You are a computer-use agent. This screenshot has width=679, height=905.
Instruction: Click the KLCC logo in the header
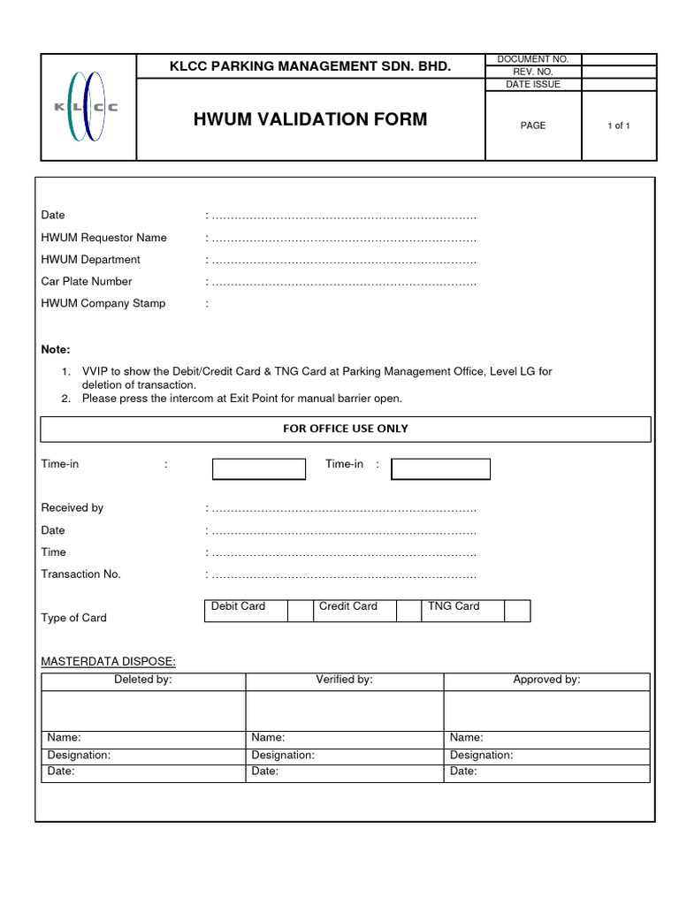[x=87, y=107]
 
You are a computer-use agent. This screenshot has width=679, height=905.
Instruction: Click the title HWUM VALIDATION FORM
[x=310, y=119]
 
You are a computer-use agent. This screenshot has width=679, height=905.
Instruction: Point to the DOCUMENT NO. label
[x=533, y=59]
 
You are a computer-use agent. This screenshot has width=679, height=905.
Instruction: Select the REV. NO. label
[x=533, y=72]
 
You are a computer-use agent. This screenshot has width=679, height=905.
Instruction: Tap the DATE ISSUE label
[x=533, y=84]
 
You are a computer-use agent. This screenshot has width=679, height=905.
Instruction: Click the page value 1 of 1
[x=619, y=125]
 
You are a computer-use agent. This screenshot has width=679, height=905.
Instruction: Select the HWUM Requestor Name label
[x=103, y=238]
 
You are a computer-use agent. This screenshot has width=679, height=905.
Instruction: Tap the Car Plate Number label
[x=87, y=282]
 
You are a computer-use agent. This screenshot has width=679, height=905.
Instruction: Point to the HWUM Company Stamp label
[x=103, y=303]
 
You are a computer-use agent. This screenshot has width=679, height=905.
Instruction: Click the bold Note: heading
[x=56, y=350]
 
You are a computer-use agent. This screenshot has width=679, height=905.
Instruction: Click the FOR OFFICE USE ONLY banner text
[x=346, y=429]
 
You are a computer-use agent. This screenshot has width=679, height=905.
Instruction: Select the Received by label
[x=72, y=508]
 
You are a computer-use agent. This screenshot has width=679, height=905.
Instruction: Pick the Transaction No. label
[x=81, y=574]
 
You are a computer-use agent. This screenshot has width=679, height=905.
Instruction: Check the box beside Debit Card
[x=301, y=611]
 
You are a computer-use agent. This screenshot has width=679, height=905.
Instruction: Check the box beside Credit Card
[x=408, y=611]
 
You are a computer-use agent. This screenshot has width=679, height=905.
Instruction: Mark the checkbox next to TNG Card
[x=517, y=611]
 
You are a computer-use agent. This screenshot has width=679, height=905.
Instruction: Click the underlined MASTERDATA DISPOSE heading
[x=109, y=661]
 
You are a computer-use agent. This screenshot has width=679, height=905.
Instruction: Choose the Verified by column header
[x=345, y=680]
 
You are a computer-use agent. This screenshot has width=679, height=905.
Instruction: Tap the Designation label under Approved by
[x=481, y=756]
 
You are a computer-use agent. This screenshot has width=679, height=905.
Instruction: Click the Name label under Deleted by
[x=64, y=737]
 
